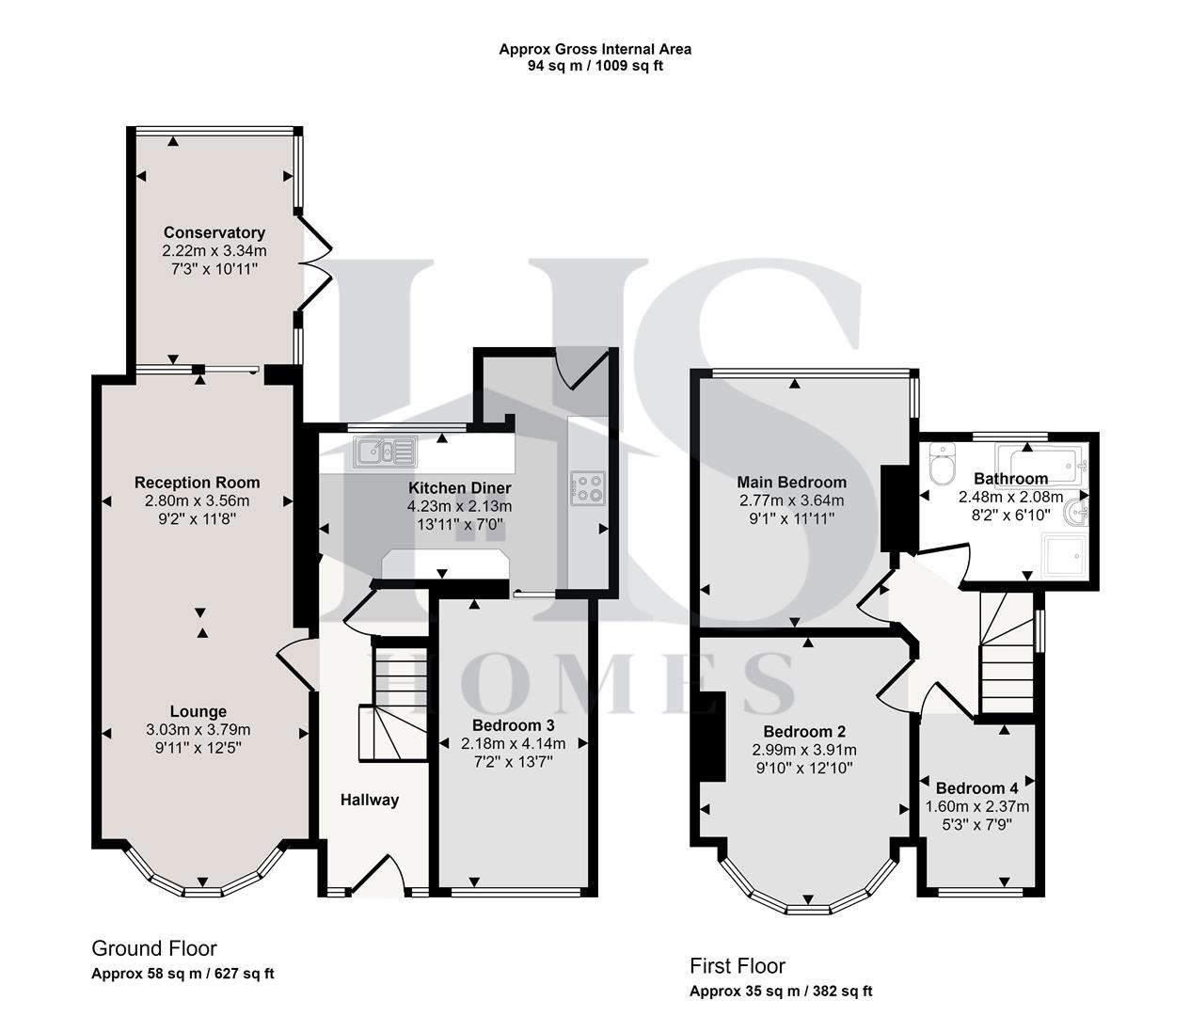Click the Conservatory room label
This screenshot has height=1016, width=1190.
(214, 232)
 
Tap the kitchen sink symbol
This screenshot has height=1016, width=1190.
(385, 452)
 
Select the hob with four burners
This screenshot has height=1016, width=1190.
(587, 487)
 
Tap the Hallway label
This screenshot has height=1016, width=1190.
(369, 800)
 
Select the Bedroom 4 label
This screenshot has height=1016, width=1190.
(976, 787)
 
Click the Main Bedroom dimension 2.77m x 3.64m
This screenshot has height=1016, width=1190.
(791, 500)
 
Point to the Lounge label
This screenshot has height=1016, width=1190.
(198, 711)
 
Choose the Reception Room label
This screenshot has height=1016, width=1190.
(197, 483)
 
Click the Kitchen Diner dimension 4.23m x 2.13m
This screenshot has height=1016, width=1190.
(459, 506)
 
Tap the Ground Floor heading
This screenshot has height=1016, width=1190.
(154, 948)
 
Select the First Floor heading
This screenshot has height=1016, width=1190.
(737, 965)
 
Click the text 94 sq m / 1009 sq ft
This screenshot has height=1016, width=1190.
(595, 66)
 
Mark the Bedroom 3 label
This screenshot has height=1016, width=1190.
(513, 725)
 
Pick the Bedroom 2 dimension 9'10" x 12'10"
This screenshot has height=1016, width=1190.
(804, 768)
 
